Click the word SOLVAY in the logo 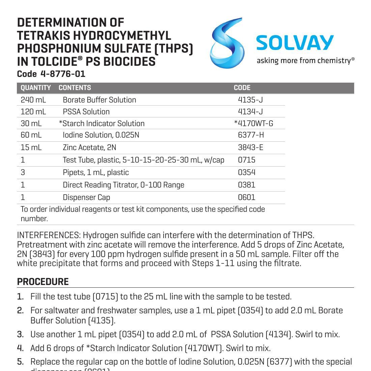295,43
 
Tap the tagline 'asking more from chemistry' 305,61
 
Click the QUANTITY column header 36,88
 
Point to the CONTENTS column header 75,88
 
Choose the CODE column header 242,88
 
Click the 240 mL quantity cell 33,100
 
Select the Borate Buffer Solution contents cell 99,100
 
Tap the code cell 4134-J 251,112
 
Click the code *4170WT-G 254,123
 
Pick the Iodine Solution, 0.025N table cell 101,135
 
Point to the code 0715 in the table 247,160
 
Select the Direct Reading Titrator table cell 123,185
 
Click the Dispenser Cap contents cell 86,197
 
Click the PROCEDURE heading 43,282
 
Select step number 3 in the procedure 20,334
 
